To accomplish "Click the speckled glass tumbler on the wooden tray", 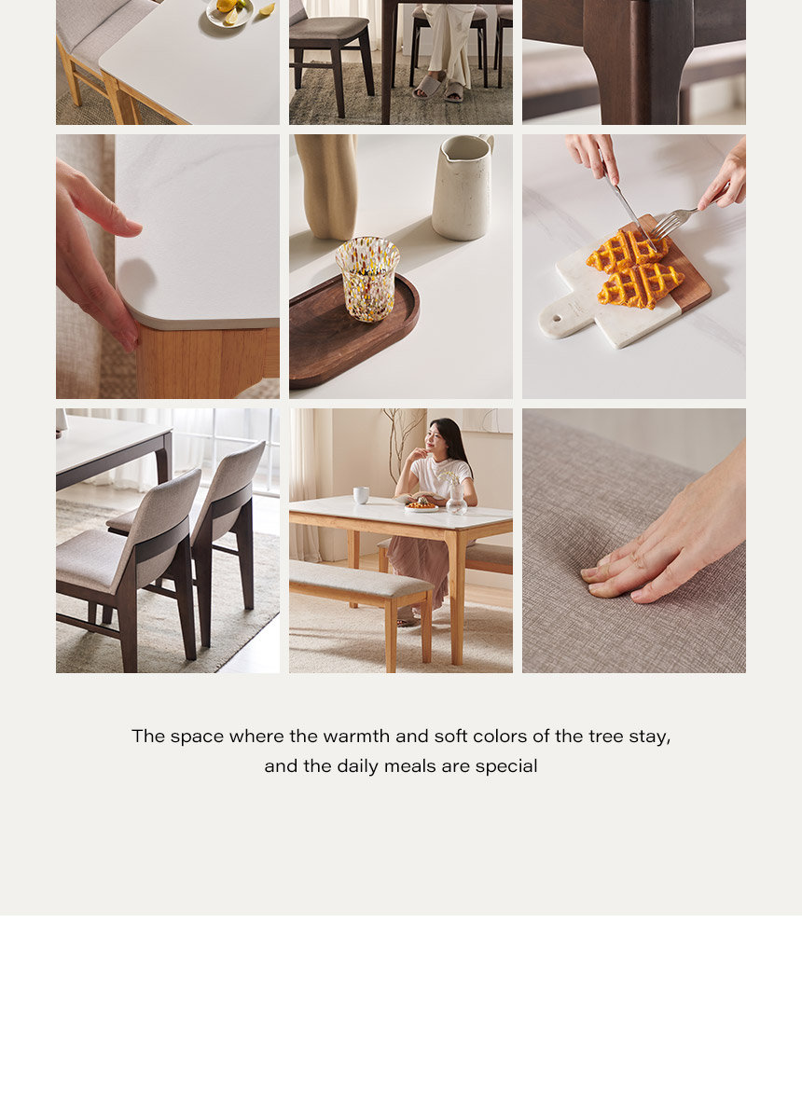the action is (x=366, y=279).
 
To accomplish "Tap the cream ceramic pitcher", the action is (x=463, y=187).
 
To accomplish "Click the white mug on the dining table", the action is (x=361, y=495).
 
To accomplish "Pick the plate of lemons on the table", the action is (x=229, y=11).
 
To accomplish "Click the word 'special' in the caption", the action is (x=506, y=766).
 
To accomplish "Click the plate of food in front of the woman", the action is (x=421, y=505).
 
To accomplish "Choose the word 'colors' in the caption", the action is (x=500, y=736).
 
